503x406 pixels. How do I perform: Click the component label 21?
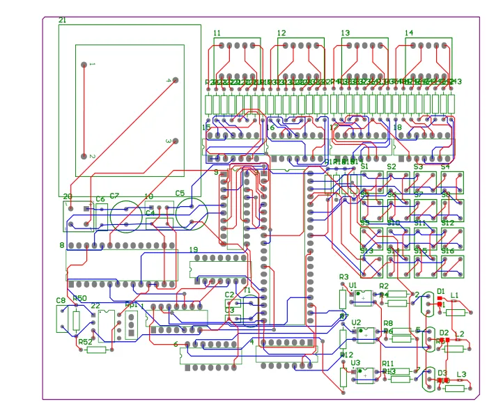pyautogui.click(x=62, y=21)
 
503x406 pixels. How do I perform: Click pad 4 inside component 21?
pyautogui.click(x=175, y=80)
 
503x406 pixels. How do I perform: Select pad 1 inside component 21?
pyautogui.click(x=84, y=65)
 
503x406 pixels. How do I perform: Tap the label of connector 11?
pyautogui.click(x=217, y=33)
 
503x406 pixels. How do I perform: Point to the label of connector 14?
pyautogui.click(x=408, y=33)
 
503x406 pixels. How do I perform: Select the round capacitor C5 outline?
pyautogui.click(x=191, y=213)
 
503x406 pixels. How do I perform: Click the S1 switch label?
pyautogui.click(x=363, y=166)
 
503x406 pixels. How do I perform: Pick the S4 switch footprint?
pyautogui.click(x=451, y=183)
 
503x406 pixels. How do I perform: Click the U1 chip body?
pyautogui.click(x=363, y=298)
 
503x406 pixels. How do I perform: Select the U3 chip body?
pyautogui.click(x=364, y=375)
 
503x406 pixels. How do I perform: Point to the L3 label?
pyautogui.click(x=461, y=375)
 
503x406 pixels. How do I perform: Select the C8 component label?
pyautogui.click(x=61, y=301)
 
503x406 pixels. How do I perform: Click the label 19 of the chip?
pyautogui.click(x=194, y=250)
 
